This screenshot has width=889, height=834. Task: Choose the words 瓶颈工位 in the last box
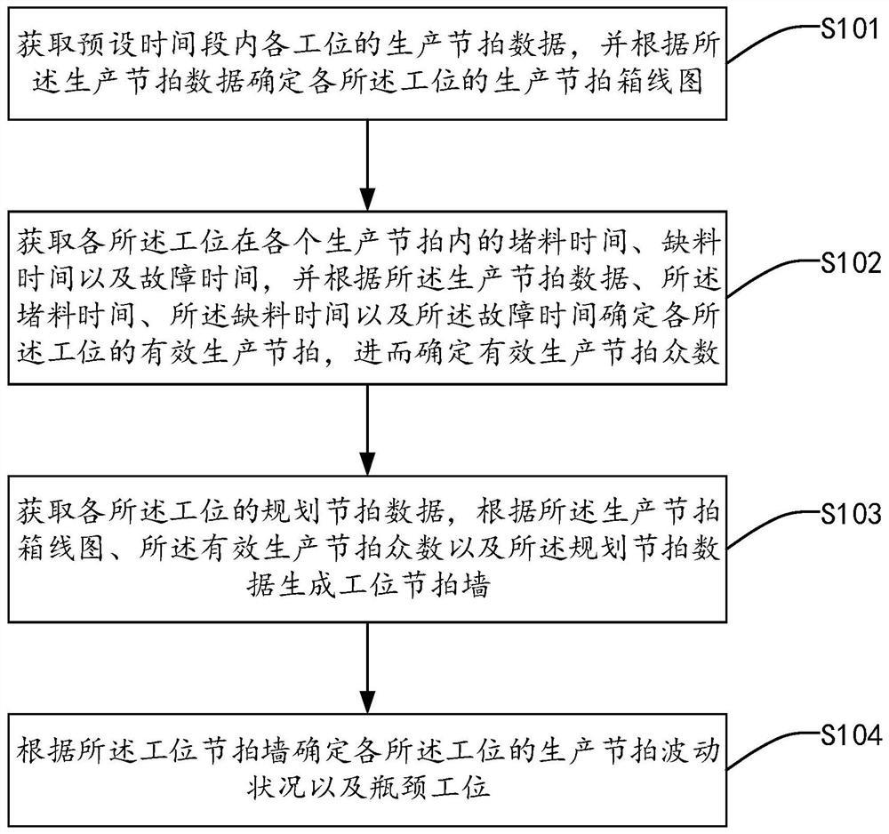click(430, 786)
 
